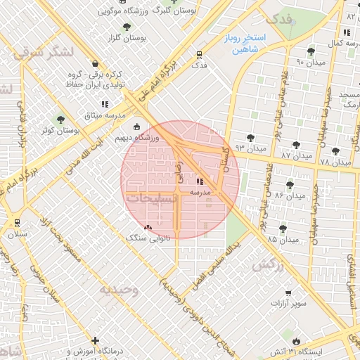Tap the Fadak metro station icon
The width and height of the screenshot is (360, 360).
tap(200, 54)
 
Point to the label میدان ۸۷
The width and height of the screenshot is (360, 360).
tap(295, 154)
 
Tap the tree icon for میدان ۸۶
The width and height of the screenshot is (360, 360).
tap(290, 185)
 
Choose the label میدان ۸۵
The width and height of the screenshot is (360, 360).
tap(283, 240)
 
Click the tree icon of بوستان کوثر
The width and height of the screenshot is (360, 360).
tap(60, 120)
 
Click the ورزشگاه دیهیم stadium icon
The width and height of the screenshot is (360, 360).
tap(137, 127)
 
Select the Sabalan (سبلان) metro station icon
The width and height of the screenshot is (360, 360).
tap(17, 223)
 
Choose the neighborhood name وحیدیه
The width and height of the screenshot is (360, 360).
tap(119, 289)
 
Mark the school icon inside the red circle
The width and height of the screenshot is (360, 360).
tap(200, 180)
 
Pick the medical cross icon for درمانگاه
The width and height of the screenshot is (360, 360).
tap(96, 340)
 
